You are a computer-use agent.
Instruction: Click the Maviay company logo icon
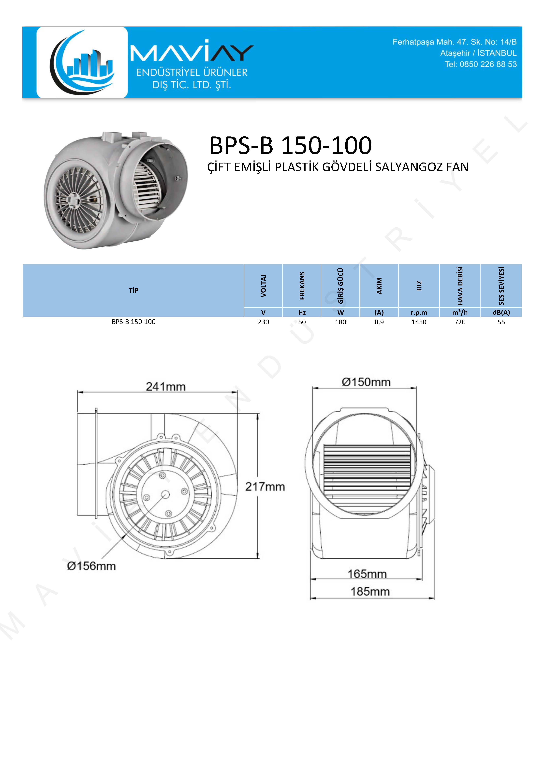point(82,62)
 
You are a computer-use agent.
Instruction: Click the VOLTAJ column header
point(263,286)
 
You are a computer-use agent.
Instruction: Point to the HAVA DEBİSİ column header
point(460,286)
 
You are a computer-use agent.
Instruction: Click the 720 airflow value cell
point(460,322)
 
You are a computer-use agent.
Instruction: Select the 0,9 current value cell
point(379,322)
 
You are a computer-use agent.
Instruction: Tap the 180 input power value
point(340,322)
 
